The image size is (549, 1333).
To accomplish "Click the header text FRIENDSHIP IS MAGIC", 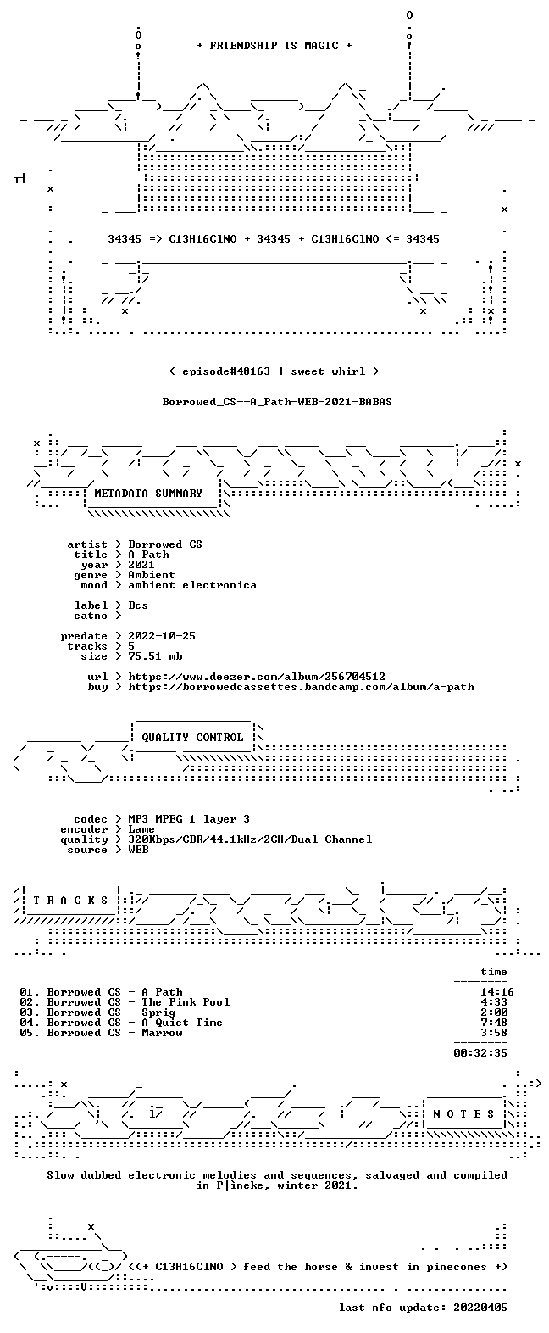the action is [x=274, y=46].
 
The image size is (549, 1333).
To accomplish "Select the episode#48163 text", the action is [x=226, y=371].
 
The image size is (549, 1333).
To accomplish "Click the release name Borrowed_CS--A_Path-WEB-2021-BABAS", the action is [x=277, y=402].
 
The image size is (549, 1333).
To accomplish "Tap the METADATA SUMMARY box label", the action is [x=148, y=494].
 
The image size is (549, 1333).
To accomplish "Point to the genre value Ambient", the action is [x=152, y=575].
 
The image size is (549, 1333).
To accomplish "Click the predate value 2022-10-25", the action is [x=162, y=636].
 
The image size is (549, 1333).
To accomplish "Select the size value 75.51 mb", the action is [x=155, y=656].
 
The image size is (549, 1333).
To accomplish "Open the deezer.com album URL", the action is [x=257, y=677].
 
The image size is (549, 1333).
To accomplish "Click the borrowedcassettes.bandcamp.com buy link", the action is [x=301, y=687].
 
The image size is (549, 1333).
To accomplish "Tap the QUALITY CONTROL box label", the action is [x=192, y=738].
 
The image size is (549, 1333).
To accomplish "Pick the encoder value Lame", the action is [x=141, y=829].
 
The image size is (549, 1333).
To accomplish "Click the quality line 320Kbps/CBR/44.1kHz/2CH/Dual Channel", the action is [x=251, y=839].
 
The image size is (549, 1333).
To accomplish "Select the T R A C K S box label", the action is [x=71, y=901].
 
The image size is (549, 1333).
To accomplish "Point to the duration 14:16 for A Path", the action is [x=497, y=992].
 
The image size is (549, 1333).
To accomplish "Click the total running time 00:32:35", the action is [x=480, y=1052].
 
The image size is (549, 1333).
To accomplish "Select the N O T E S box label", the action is [x=464, y=1114].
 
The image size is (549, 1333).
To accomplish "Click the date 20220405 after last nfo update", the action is [x=480, y=1308].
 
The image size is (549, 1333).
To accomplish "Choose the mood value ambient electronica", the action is [x=192, y=585].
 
